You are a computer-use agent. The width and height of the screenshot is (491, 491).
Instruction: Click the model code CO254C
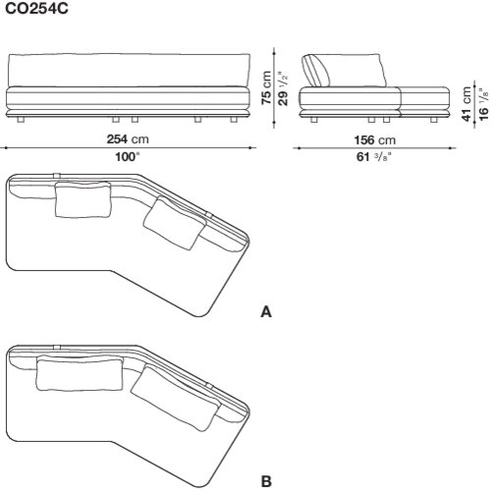36,9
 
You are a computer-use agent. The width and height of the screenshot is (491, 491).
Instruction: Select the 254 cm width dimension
128,139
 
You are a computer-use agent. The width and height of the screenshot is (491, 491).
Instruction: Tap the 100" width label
128,157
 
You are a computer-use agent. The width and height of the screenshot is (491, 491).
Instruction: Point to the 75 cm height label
266,87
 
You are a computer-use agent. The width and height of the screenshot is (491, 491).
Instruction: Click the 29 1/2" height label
283,88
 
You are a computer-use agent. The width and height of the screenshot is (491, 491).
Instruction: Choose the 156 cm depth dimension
375,140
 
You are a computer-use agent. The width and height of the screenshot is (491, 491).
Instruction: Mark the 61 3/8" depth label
374,157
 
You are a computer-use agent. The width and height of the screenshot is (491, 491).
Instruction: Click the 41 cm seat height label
466,104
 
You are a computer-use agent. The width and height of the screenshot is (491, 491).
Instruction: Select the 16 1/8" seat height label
483,104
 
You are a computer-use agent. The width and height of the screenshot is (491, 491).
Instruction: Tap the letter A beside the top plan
266,312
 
